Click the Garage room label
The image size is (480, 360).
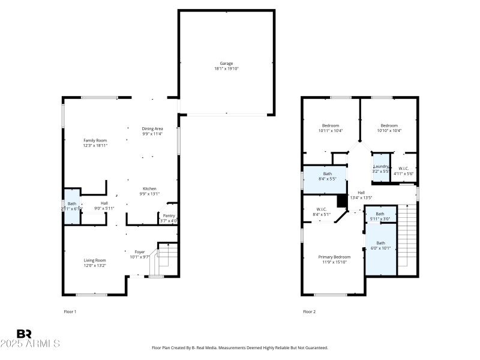pos(226,63)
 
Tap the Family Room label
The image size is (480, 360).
pos(95,140)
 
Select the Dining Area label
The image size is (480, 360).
pos(152,128)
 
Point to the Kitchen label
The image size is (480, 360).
pos(149,188)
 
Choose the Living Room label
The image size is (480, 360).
pos(95,260)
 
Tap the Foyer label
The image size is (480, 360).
pos(139,252)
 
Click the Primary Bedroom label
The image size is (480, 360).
pos(334,257)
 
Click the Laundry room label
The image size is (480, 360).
pos(381,166)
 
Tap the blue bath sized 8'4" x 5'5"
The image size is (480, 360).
pos(327,176)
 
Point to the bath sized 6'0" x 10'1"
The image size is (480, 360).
pos(381,245)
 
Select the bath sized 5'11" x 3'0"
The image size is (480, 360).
pos(380,216)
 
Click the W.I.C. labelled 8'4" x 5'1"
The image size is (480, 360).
pos(321,211)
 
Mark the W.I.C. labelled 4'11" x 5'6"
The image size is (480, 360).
pos(403,171)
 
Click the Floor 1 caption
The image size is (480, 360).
pos(70,311)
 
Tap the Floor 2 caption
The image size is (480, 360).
pos(309,311)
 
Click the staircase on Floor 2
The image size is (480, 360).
pos(407,237)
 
